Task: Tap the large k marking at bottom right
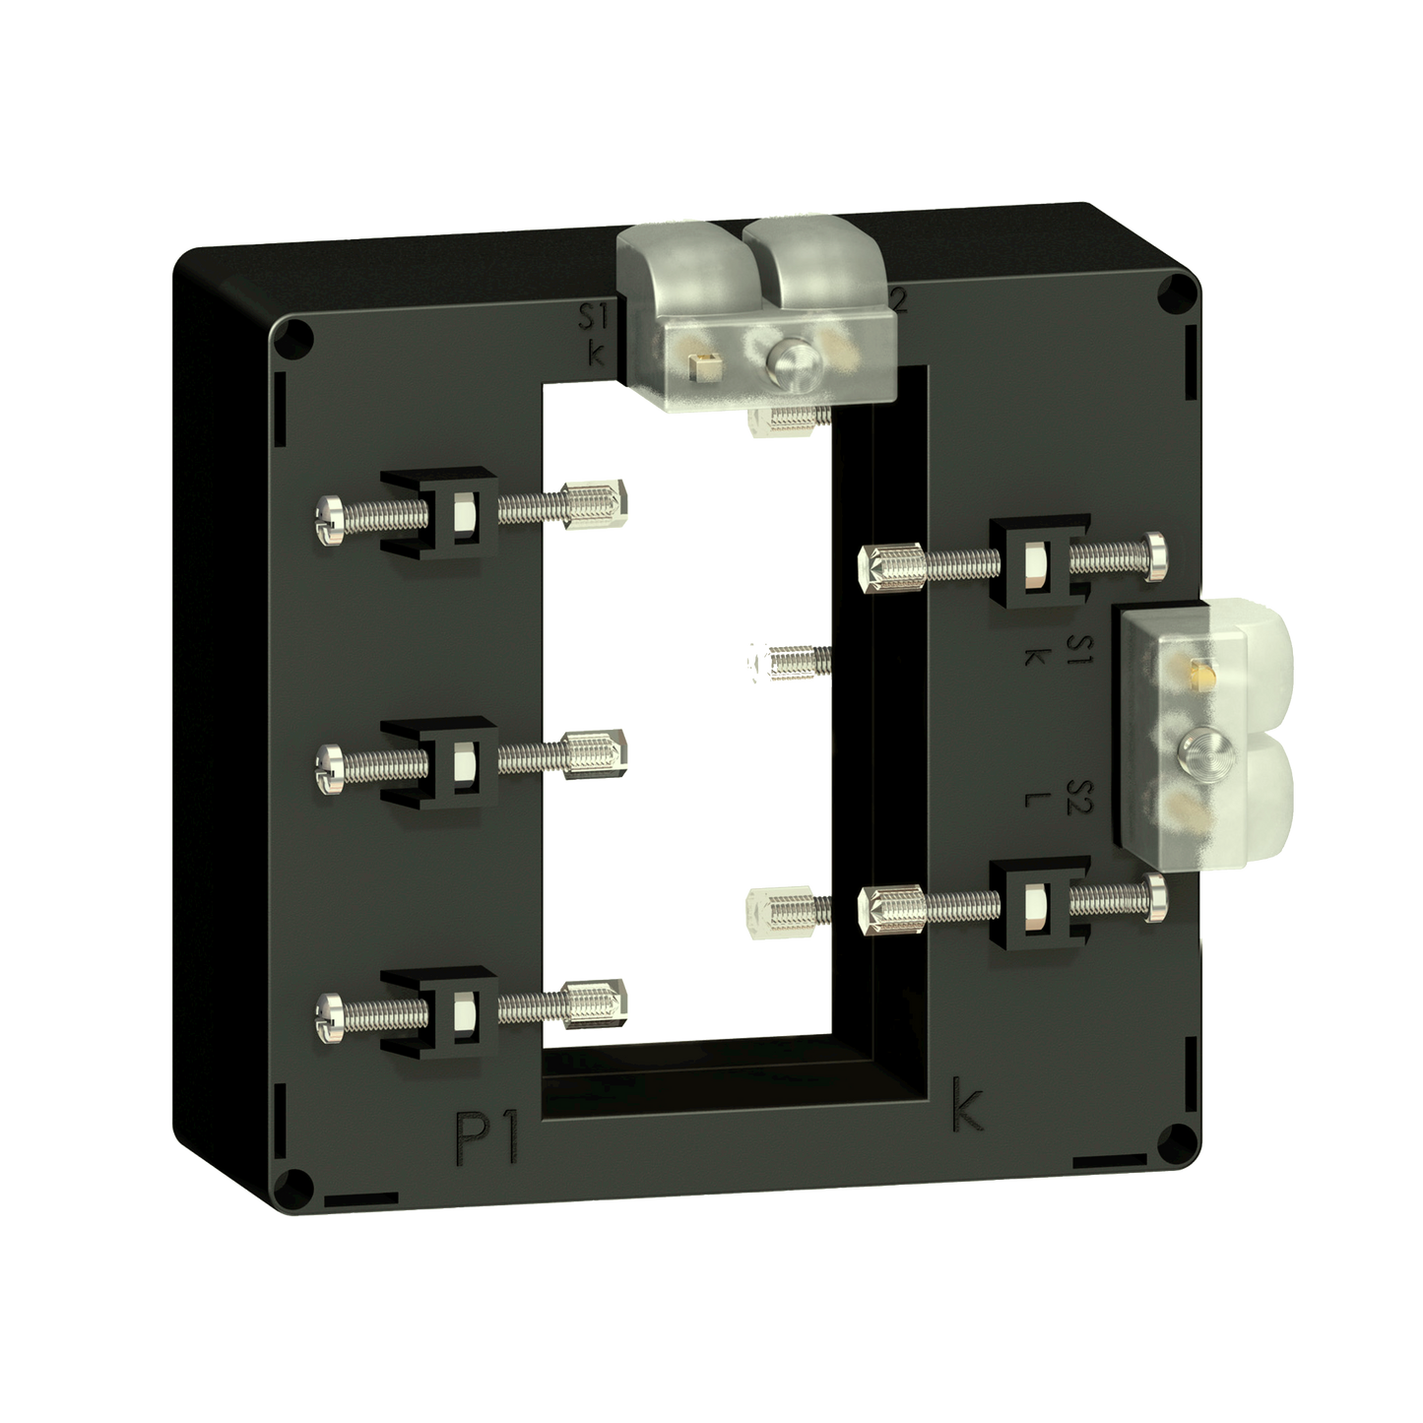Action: pos(967,1108)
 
